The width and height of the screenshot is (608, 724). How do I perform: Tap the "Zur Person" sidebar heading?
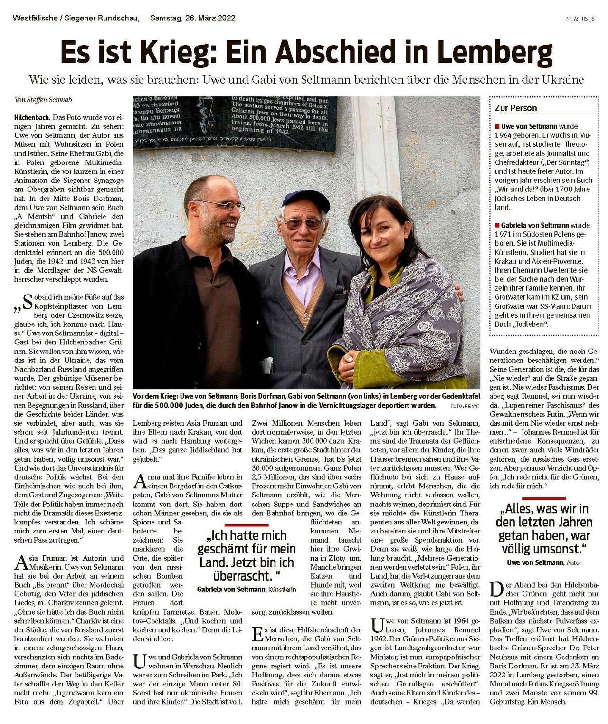[x=516, y=108]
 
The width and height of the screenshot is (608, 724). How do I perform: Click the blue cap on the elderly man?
[x=306, y=199]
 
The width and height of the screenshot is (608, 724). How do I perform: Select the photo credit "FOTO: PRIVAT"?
[x=465, y=406]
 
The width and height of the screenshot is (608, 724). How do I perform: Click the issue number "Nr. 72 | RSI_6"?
[x=580, y=19]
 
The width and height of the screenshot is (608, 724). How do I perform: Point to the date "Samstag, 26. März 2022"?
[x=192, y=19]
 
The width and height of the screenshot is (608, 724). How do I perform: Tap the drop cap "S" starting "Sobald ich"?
[x=28, y=301]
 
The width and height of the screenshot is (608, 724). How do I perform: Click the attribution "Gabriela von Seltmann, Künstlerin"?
[x=247, y=589]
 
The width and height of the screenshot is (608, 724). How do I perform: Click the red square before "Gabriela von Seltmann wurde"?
[x=497, y=226]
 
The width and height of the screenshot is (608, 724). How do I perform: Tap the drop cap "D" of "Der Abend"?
[x=496, y=589]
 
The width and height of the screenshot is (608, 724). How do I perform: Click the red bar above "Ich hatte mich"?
[x=247, y=525]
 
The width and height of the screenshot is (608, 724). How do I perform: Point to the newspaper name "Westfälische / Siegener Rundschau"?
[x=76, y=19]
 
